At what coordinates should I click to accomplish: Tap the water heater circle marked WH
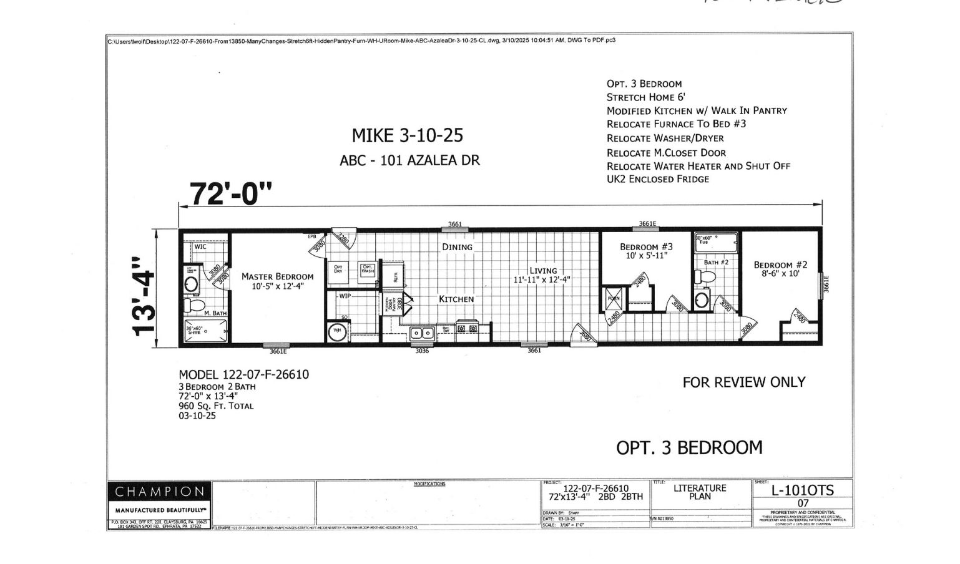coord(338,331)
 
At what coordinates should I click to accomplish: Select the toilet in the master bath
coord(198,305)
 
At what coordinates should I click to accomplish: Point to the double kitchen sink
coord(422,333)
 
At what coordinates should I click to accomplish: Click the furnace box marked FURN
coord(614,299)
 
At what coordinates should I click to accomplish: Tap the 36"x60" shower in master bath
coord(205,331)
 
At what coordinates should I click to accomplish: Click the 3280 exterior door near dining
coord(343,237)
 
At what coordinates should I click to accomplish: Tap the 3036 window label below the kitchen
coord(422,351)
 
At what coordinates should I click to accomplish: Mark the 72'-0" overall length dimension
coord(231,194)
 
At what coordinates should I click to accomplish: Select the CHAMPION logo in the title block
coord(159,492)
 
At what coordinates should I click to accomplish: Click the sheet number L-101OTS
coord(802,490)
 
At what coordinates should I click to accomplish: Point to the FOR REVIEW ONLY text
coord(743,382)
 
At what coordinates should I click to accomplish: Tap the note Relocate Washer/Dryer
coord(665,139)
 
